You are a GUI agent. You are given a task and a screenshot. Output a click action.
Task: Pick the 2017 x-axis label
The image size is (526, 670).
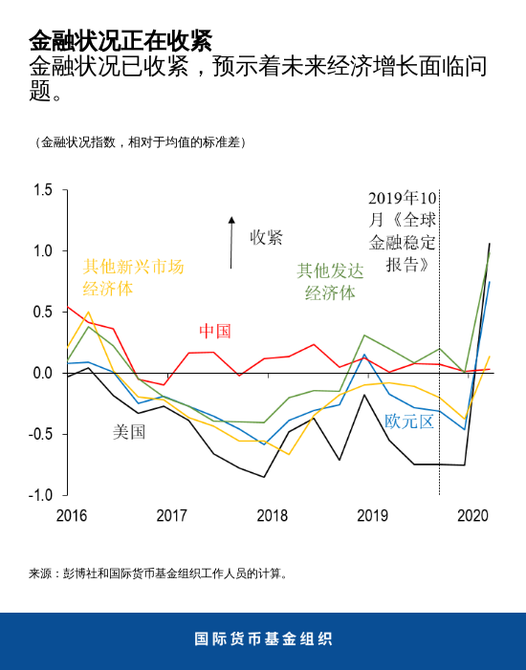pos(171,516)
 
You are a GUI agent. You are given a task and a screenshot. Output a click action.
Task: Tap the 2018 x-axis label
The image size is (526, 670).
pos(273,516)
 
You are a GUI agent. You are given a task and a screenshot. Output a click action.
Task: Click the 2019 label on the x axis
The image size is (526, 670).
pos(372,516)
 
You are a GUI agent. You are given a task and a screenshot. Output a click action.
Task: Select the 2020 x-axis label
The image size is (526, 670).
pos(473,516)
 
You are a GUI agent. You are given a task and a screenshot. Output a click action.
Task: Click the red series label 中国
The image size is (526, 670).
pos(215,331)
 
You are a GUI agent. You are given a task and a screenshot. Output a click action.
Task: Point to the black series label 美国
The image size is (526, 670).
pos(129,432)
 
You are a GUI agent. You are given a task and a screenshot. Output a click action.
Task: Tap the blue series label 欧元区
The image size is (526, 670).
pos(409,421)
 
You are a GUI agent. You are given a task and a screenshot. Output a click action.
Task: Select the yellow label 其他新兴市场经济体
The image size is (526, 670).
pos(133,277)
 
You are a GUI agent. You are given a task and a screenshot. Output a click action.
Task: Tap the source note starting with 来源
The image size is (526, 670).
pos(158,573)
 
